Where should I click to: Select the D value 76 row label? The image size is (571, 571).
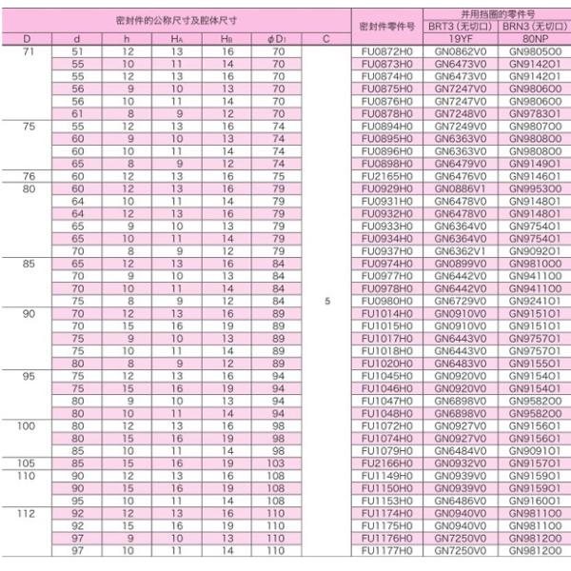tap(28, 176)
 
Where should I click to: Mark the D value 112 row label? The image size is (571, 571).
tap(28, 513)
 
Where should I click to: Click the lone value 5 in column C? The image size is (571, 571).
tap(326, 301)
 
